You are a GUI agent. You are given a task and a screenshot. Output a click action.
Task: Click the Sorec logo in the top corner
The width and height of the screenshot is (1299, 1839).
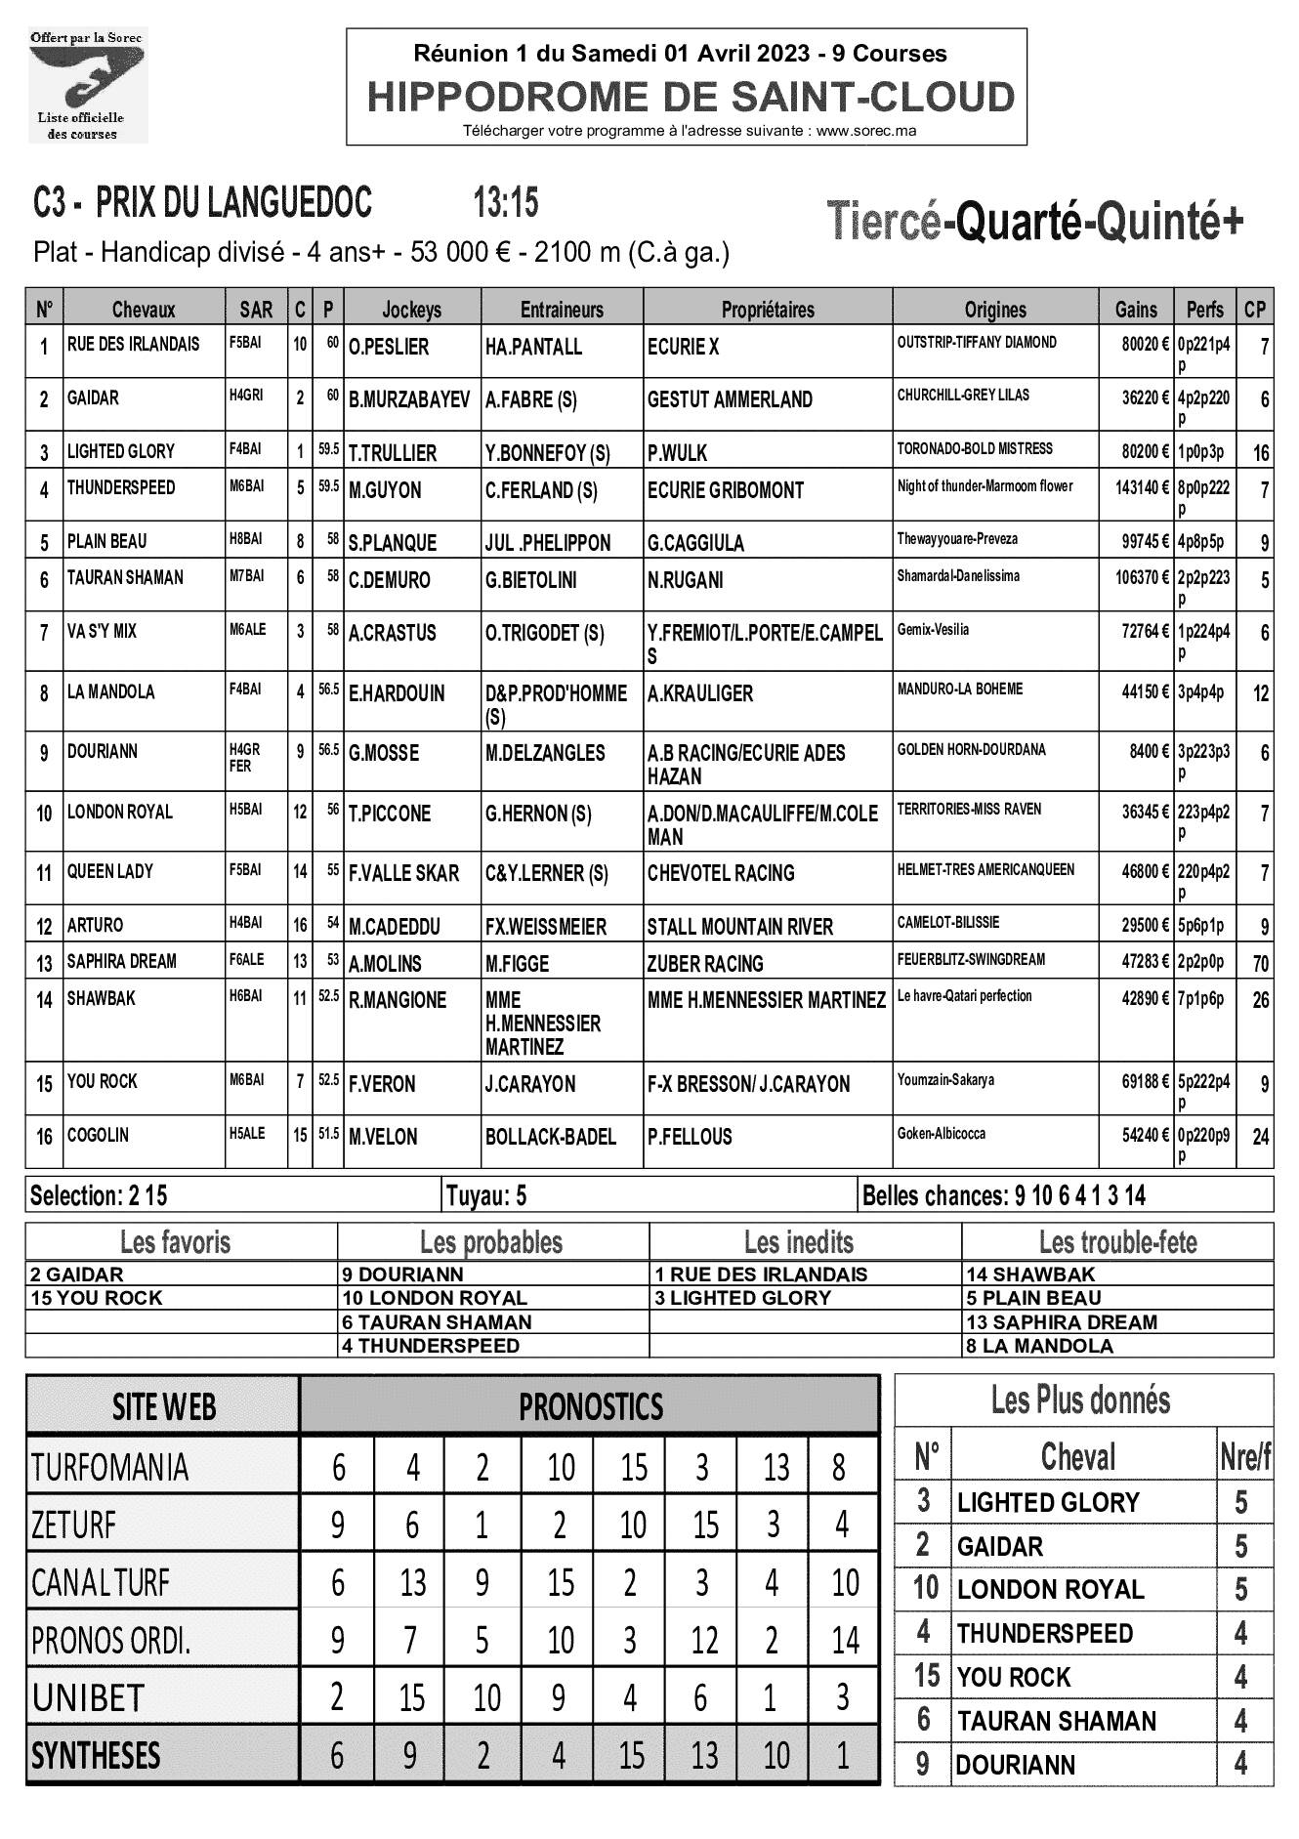(x=88, y=86)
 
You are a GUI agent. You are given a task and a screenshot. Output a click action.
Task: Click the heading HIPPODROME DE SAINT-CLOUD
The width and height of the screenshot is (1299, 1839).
(x=691, y=98)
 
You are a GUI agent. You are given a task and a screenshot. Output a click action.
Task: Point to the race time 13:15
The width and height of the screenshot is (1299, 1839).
(x=506, y=203)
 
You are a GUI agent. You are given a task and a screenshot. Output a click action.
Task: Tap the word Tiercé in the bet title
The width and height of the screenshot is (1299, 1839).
(x=884, y=221)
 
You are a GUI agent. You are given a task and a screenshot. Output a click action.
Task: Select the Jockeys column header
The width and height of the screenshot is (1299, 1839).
(x=411, y=310)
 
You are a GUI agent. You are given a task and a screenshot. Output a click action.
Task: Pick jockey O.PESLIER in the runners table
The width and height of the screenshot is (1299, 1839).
(x=389, y=348)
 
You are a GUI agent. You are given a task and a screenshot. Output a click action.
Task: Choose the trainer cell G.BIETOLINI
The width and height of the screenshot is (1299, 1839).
(x=530, y=580)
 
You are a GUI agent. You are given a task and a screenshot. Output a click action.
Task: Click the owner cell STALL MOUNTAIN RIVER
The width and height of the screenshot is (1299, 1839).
(x=739, y=926)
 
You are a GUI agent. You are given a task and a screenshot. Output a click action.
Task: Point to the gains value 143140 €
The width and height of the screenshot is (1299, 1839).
(x=1141, y=487)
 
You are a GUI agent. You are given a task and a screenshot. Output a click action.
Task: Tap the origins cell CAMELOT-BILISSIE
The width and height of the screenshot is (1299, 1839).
(x=947, y=922)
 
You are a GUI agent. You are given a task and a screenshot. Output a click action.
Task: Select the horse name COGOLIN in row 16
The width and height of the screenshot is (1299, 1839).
(x=98, y=1136)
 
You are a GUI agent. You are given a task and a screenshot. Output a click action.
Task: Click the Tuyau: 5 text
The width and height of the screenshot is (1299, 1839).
(x=485, y=1195)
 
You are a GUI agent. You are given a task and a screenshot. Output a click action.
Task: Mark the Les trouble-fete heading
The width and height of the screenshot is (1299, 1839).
(x=1117, y=1242)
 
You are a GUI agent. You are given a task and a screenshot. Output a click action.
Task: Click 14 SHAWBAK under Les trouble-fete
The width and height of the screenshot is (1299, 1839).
(x=1029, y=1275)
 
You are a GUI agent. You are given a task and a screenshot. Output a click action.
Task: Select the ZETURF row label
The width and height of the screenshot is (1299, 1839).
(x=73, y=1524)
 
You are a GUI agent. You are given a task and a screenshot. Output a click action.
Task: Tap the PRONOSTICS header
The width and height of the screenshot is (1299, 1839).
(x=590, y=1406)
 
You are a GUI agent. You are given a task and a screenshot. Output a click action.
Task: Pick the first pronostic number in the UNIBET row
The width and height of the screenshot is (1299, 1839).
(x=337, y=1697)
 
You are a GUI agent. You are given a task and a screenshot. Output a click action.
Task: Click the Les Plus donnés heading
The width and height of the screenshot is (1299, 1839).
(x=1080, y=1400)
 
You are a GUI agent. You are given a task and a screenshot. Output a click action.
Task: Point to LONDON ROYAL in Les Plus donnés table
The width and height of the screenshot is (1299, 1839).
(x=1050, y=1589)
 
